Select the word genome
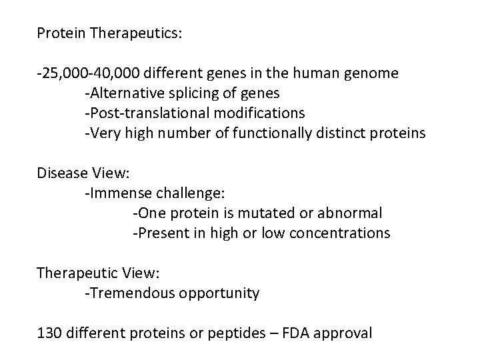(371, 73)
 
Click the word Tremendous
(130, 293)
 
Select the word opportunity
(219, 293)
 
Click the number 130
(49, 333)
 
